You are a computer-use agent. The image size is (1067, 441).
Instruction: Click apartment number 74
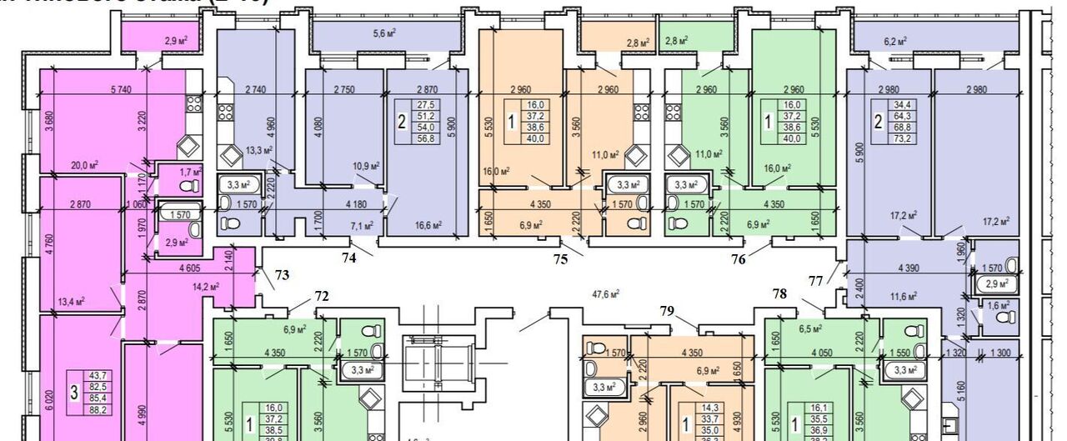pos(348,258)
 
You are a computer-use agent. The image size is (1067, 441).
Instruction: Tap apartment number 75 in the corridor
pos(560,259)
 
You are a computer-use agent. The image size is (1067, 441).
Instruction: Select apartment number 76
pos(738,259)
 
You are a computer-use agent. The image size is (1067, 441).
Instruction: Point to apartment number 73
pos(283,274)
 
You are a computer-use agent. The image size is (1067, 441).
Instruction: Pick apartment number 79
pos(666,311)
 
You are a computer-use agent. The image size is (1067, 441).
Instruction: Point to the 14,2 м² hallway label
pos(205,286)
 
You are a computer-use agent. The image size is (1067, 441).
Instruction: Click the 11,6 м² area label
pos(904,295)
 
